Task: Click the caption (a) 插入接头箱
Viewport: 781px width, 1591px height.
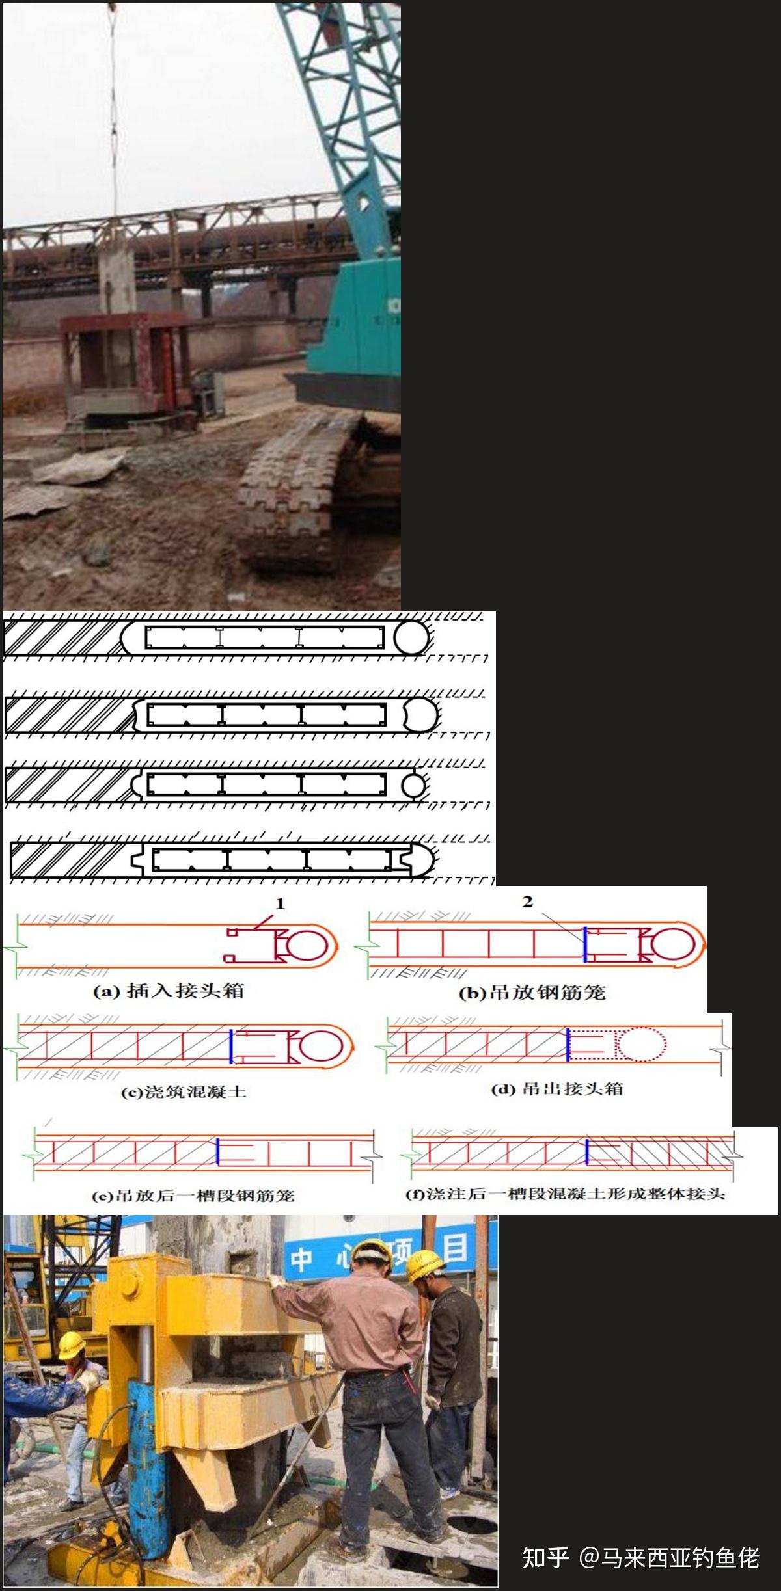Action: click(x=169, y=991)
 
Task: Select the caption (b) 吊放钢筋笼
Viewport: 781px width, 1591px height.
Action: click(x=532, y=993)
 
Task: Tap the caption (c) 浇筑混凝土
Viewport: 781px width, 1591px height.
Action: click(x=184, y=1091)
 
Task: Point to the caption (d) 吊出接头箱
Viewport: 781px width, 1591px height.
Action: click(x=556, y=1089)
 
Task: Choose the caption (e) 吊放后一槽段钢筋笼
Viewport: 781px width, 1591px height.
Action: click(x=193, y=1195)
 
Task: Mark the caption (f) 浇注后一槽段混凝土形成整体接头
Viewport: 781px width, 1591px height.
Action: click(x=565, y=1194)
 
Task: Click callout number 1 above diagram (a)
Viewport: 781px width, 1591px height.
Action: click(x=280, y=903)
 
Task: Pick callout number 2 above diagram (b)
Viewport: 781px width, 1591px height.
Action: click(x=527, y=902)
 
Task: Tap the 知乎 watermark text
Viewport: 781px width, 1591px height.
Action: click(x=545, y=1557)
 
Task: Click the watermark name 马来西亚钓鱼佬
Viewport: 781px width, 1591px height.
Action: click(x=679, y=1557)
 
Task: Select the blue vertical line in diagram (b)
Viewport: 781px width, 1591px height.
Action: click(x=585, y=944)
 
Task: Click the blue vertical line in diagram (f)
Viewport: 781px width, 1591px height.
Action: click(x=587, y=1151)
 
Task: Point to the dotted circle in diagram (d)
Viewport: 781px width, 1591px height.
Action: click(x=642, y=1045)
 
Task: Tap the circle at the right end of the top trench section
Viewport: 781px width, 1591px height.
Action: click(x=411, y=637)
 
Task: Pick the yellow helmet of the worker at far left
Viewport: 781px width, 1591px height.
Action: click(x=72, y=1343)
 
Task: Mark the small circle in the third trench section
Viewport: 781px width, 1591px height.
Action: click(x=413, y=785)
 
